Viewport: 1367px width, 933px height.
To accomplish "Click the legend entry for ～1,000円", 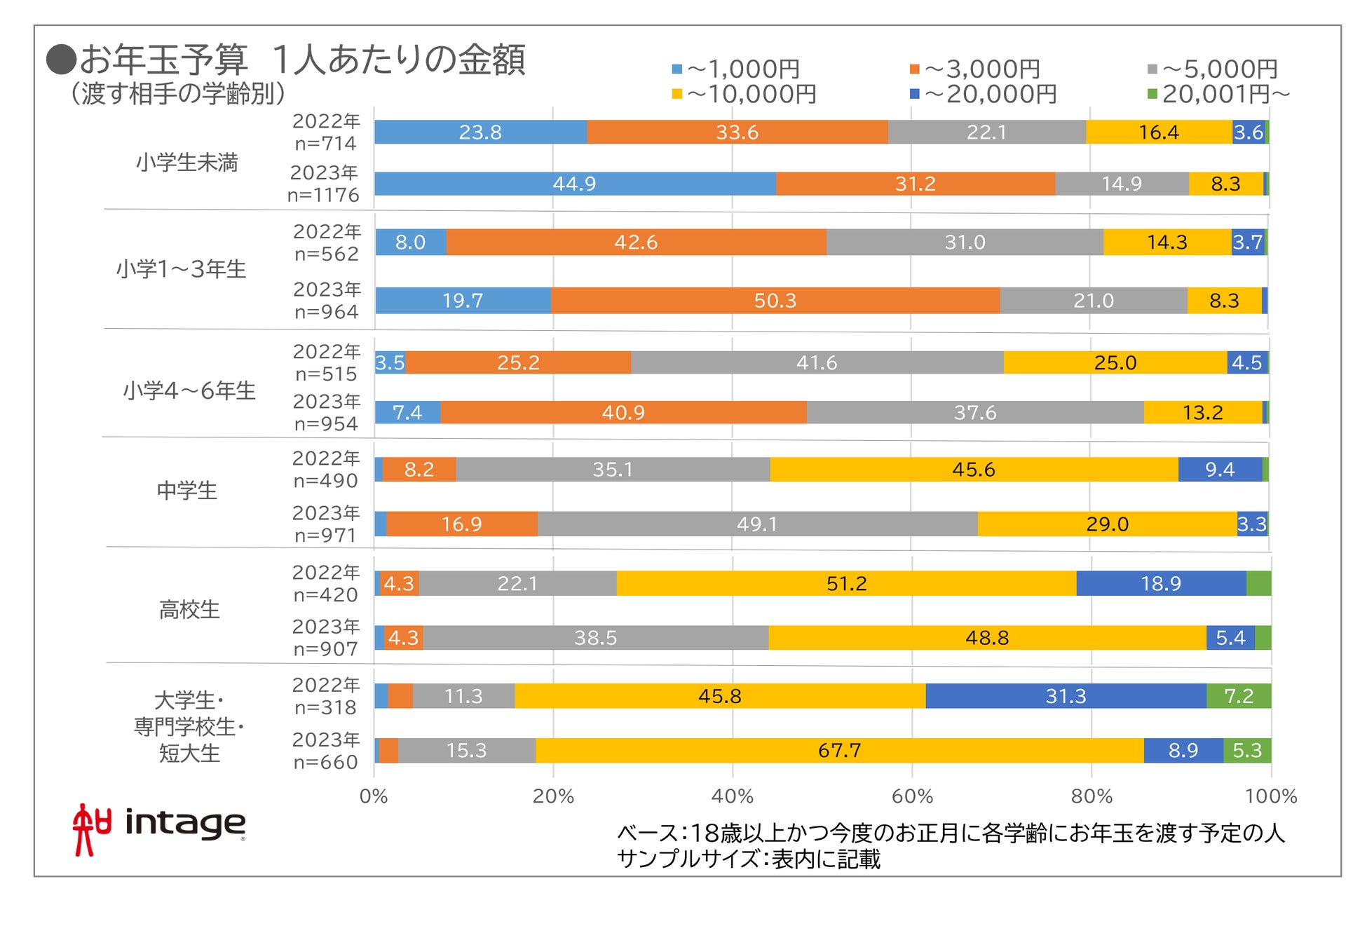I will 736,69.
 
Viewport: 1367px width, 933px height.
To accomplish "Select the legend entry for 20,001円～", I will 1220,93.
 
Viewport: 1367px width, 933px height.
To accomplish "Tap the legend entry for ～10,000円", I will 744,93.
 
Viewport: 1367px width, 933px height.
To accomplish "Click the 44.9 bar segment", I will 575,184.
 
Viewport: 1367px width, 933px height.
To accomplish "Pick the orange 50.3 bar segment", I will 775,301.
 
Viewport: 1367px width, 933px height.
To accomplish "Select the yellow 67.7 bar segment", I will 839,751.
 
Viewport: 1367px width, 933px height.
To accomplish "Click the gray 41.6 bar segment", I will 817,362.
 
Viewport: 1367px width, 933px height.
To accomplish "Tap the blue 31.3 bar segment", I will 1066,696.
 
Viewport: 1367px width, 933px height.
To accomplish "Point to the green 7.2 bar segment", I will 1239,696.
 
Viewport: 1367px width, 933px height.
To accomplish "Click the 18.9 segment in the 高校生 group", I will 1161,583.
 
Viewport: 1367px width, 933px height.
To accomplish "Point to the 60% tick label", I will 912,796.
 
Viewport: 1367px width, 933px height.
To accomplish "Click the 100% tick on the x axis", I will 1270,796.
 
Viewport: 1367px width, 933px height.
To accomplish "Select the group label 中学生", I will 187,490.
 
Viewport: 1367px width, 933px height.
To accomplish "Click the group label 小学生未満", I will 187,163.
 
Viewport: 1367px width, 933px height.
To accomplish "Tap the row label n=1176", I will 323,195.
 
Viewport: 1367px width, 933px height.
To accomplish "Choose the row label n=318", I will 325,707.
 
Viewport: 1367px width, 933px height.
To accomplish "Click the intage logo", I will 160,828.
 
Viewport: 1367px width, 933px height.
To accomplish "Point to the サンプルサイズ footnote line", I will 748,859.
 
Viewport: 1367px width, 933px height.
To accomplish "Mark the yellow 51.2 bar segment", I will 846,583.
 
